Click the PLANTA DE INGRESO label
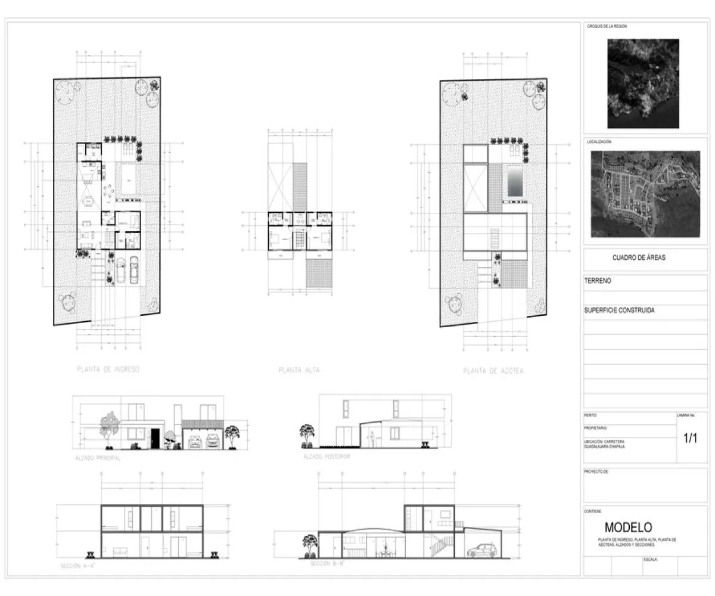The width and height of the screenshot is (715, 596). (108, 370)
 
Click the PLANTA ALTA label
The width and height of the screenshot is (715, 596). (299, 370)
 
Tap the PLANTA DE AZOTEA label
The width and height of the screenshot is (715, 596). (493, 371)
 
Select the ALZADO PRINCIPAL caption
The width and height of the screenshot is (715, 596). (98, 458)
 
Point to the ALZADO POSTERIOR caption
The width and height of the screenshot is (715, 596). (327, 456)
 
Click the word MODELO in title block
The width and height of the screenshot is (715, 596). (628, 527)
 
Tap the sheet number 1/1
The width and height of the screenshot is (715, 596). (690, 439)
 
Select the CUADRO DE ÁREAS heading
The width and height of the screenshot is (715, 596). (639, 258)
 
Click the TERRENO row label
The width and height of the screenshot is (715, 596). (598, 280)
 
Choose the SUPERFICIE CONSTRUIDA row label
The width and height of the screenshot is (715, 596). (620, 311)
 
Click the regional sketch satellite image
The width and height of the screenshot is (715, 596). (643, 83)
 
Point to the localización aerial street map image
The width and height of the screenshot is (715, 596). (645, 194)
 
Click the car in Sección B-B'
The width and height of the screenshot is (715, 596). (480, 550)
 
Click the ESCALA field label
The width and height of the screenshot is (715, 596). (650, 560)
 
